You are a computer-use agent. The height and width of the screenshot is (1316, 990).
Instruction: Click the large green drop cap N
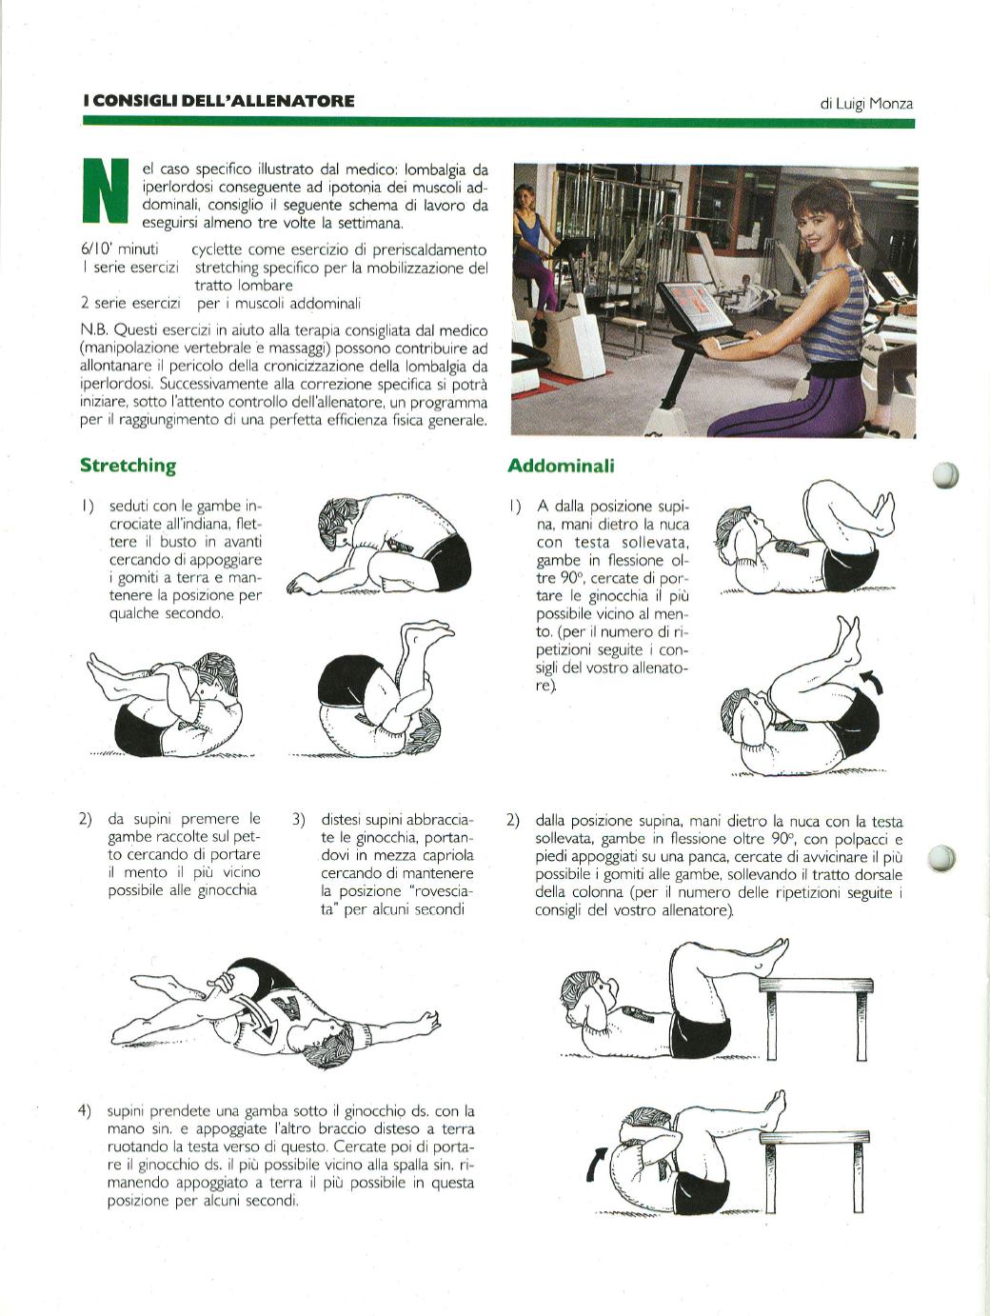pyautogui.click(x=106, y=190)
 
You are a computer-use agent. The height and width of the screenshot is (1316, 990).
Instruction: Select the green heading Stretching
pyautogui.click(x=128, y=466)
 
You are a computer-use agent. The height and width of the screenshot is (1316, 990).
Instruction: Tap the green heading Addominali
pyautogui.click(x=561, y=466)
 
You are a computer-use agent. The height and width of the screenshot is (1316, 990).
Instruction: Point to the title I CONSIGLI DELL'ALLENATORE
pyautogui.click(x=219, y=101)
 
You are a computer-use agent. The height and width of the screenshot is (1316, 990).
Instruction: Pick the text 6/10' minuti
pyautogui.click(x=119, y=249)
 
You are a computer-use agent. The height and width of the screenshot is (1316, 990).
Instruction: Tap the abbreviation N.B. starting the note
pyautogui.click(x=94, y=330)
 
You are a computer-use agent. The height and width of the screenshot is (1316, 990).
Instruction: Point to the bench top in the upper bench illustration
pyautogui.click(x=816, y=985)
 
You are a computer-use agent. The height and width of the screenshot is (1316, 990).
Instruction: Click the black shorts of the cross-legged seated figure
pyautogui.click(x=448, y=562)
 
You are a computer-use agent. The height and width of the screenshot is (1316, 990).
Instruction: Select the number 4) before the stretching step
pyautogui.click(x=85, y=1111)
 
